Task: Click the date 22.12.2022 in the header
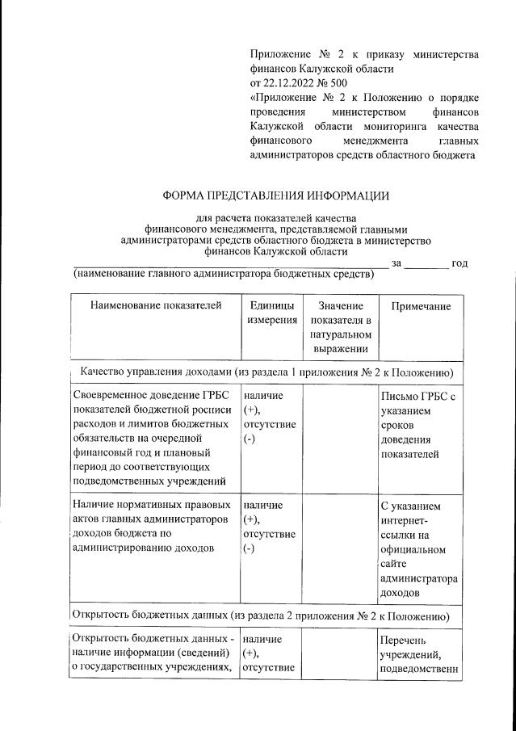click(x=293, y=82)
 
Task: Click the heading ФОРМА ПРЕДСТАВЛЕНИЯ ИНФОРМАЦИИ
click(x=275, y=196)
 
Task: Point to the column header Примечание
click(x=420, y=306)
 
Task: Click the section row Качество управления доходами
click(x=266, y=372)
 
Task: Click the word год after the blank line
click(x=459, y=263)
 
